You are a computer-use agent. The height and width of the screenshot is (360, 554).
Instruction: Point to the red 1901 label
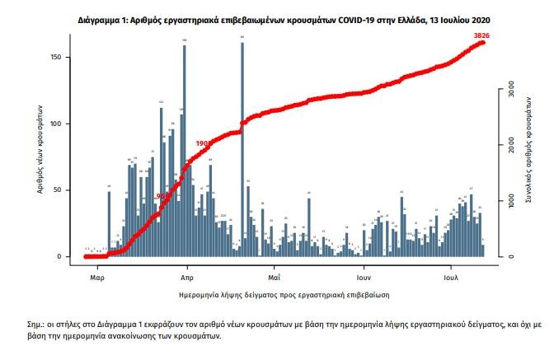(204, 143)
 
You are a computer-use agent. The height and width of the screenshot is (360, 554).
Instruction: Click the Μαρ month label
(96, 269)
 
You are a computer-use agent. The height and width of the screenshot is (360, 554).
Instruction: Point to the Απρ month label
(186, 269)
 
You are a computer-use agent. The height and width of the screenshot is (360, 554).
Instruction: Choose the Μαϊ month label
(275, 269)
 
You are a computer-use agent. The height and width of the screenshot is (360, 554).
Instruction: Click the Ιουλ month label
(451, 269)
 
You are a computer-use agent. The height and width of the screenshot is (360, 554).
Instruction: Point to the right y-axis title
(522, 157)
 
